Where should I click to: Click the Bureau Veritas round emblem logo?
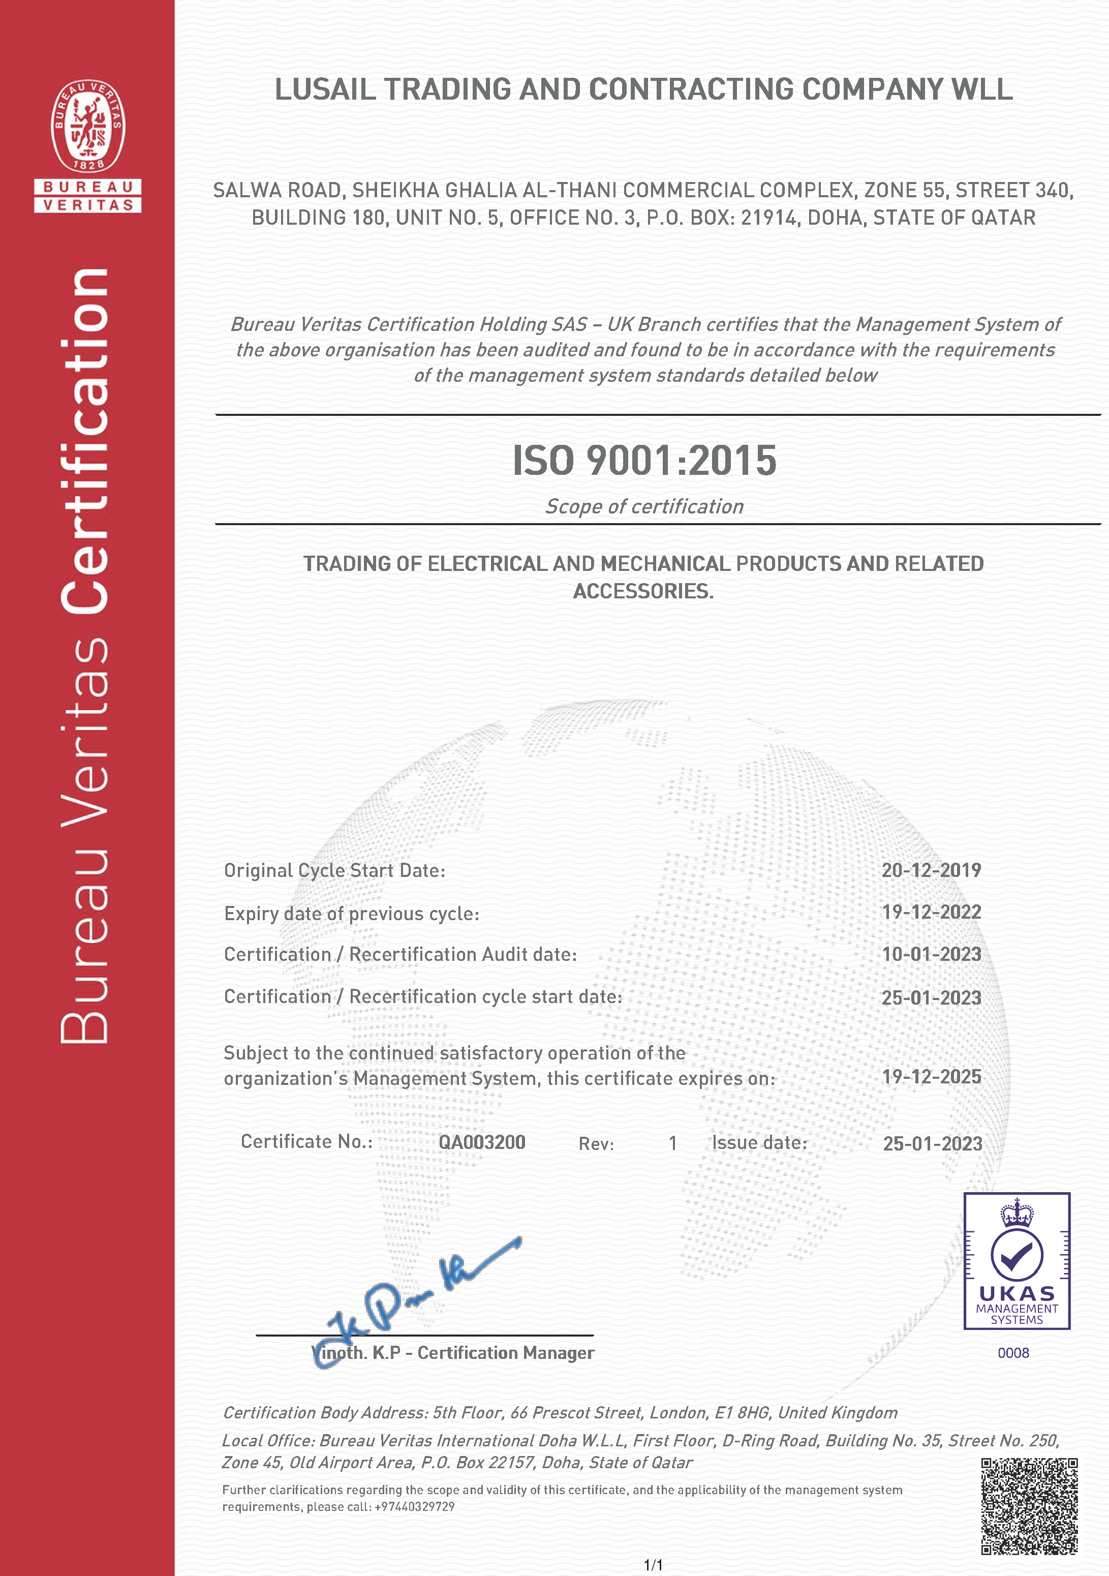(88, 126)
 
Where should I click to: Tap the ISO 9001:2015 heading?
(644, 461)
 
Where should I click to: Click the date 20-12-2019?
(931, 870)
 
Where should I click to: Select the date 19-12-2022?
(931, 912)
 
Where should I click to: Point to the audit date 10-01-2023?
(931, 954)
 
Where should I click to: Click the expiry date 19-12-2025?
(931, 1077)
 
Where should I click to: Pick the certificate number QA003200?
(482, 1142)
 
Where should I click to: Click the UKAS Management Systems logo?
(1016, 1260)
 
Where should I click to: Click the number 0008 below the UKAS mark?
(1013, 1353)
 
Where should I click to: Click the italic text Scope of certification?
(644, 506)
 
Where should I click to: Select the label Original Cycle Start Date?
(334, 870)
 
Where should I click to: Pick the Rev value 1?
(673, 1143)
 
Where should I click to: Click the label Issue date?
(759, 1142)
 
